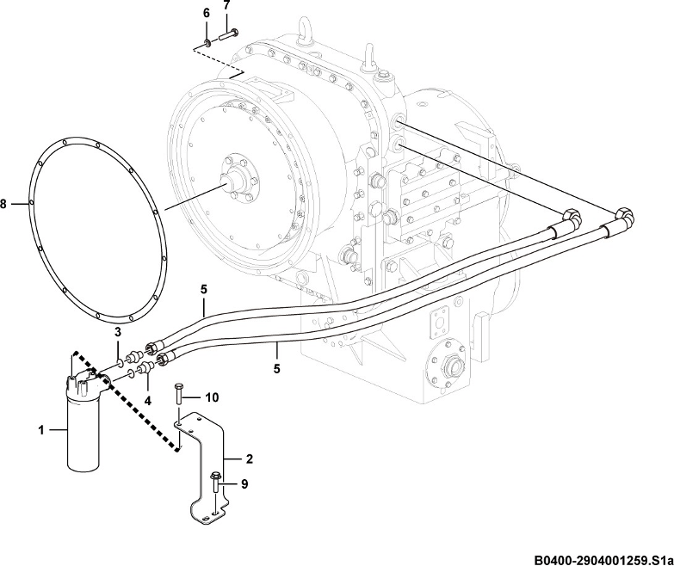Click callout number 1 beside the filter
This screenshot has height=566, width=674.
[41, 429]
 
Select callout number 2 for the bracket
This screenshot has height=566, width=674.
[250, 459]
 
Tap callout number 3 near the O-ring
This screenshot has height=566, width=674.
[117, 332]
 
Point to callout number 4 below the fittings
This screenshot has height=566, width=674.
[147, 401]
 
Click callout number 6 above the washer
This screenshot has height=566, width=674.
[207, 13]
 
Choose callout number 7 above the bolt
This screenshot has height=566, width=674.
[226, 5]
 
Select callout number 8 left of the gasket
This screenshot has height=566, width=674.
[3, 204]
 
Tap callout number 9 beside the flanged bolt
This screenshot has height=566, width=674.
[244, 484]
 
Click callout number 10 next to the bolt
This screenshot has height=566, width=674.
[212, 397]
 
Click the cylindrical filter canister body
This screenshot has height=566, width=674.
[83, 434]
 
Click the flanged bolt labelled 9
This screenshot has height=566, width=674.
[215, 484]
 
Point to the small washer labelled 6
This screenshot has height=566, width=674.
[207, 42]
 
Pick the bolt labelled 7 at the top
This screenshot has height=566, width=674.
[229, 34]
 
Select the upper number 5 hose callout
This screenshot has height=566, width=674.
[204, 289]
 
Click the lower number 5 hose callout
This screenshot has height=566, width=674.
[277, 368]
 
